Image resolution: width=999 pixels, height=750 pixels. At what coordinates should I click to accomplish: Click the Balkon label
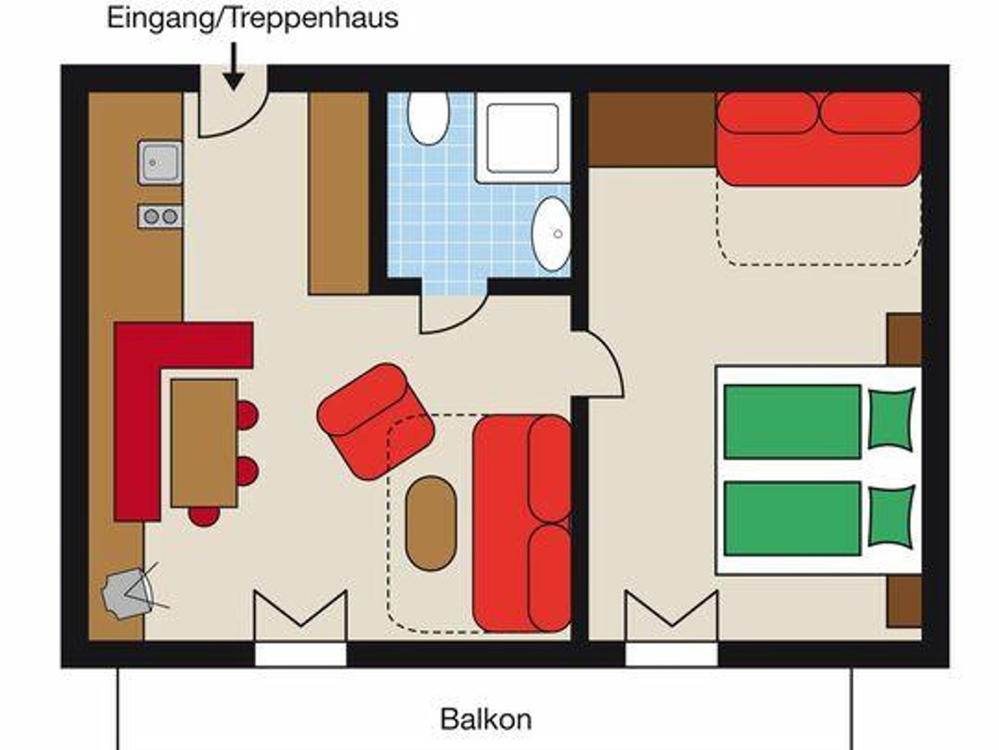tap(486, 720)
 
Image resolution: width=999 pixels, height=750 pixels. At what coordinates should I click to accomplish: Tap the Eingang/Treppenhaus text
tap(252, 18)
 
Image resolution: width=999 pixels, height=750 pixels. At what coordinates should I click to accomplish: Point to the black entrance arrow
tap(234, 66)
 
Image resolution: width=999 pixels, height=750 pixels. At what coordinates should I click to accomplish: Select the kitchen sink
tap(160, 163)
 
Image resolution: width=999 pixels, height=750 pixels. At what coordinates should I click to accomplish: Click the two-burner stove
tap(160, 216)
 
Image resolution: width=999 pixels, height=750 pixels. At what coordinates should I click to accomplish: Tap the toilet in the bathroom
tap(428, 118)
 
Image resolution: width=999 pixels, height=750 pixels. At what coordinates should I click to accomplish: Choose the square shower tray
tap(523, 138)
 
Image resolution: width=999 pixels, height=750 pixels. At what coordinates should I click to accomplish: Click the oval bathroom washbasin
tap(551, 234)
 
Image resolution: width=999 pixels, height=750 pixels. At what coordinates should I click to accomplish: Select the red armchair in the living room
tap(375, 422)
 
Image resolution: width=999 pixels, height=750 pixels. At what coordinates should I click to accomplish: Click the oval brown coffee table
tap(431, 523)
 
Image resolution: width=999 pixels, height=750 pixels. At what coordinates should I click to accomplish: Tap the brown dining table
tap(204, 443)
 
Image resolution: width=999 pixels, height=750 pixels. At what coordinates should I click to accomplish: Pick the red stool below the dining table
tap(204, 516)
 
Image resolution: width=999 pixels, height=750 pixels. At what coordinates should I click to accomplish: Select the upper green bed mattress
tap(792, 422)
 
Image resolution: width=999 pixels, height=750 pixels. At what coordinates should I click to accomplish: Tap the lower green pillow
tap(891, 517)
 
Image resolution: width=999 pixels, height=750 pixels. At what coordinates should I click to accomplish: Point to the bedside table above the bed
tap(904, 339)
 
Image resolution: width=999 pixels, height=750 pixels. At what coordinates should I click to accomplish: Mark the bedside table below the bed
tap(904, 601)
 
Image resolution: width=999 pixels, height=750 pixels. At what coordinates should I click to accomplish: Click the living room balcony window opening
tap(301, 654)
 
